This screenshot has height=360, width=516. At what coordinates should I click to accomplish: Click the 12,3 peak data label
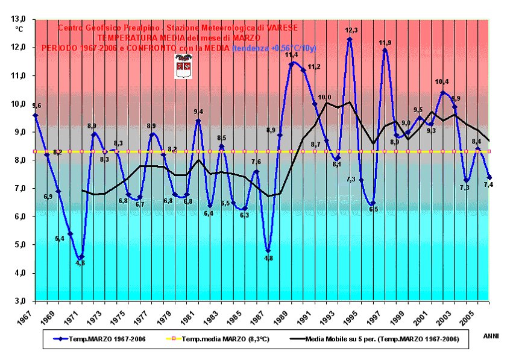pos(351,30)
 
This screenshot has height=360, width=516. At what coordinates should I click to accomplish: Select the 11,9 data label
pos(385,42)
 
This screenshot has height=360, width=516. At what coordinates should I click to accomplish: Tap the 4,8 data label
pos(269,258)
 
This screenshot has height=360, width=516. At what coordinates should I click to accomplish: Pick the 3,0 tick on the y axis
pos(20,301)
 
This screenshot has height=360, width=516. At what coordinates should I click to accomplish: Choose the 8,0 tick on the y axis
pos(20,160)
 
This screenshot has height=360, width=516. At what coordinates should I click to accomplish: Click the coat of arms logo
pos(183,66)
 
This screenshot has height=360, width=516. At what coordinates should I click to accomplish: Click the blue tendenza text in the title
pos(274,48)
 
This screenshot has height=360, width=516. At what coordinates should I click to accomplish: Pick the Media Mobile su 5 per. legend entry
pos(377,339)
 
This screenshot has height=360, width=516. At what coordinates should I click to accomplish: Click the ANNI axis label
pos(491,336)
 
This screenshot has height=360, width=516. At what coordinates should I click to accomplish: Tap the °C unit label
pos(19,28)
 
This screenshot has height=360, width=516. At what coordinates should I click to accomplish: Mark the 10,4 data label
pos(442,82)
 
